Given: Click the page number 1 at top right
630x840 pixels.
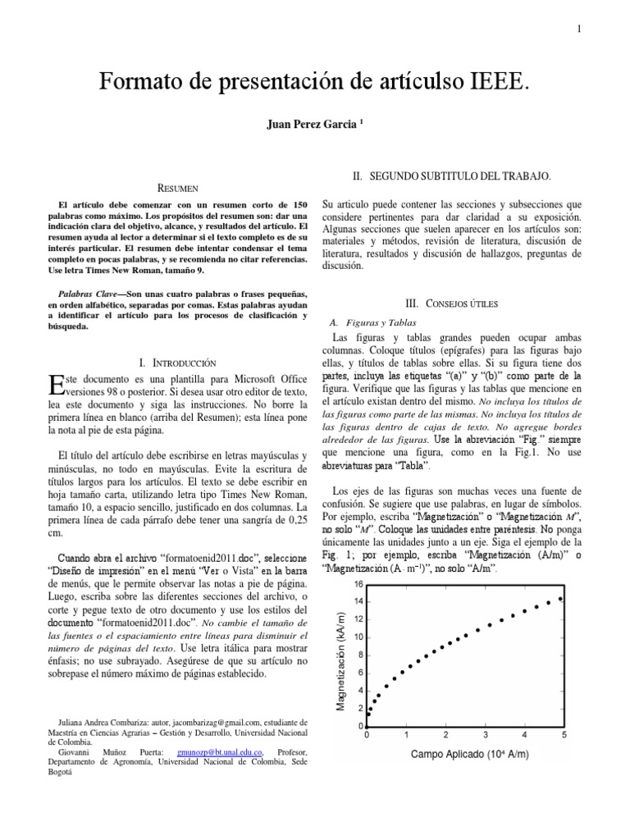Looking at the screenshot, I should tap(578, 30).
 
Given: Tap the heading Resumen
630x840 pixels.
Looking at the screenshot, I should tap(178, 189).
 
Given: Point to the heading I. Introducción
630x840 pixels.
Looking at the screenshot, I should tap(178, 361).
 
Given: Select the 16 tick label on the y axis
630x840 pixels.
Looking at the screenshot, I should tap(358, 584).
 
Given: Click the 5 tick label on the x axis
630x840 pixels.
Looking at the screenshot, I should tap(564, 735).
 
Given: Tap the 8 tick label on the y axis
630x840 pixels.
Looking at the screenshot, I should tap(358, 655).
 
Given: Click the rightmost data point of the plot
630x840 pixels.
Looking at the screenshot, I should tap(561, 599).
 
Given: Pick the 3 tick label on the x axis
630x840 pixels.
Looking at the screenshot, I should tap(486, 735).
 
